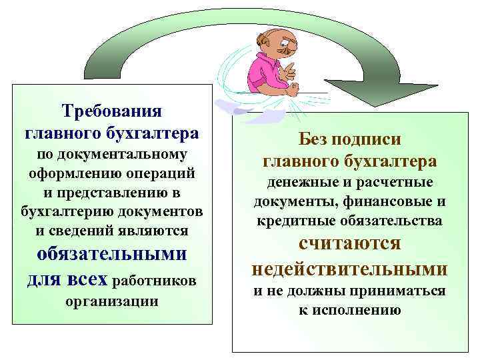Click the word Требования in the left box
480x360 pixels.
pos(111,109)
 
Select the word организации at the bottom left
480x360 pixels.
pos(111,301)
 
